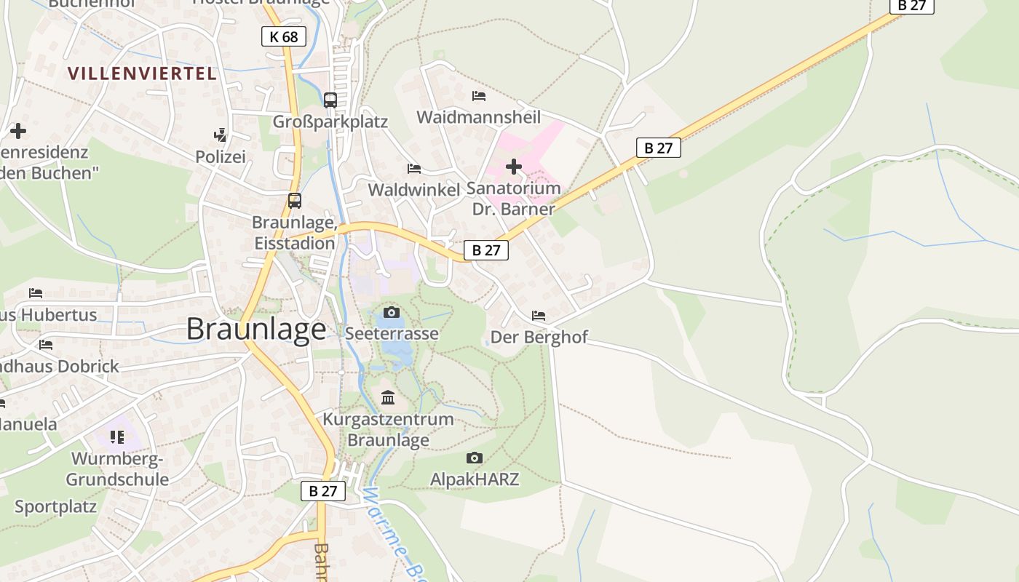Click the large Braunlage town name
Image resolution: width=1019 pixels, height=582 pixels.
(256, 330)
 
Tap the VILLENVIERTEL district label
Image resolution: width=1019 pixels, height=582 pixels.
(143, 73)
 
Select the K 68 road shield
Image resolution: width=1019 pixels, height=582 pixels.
(283, 36)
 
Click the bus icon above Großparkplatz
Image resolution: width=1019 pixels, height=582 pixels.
(330, 100)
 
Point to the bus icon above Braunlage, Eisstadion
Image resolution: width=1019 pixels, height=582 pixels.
(295, 201)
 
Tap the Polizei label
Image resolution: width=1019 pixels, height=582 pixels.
(221, 156)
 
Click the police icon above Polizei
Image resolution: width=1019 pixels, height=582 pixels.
(220, 135)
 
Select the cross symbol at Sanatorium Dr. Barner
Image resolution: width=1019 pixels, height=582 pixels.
(514, 167)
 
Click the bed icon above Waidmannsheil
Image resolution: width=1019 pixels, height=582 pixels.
(478, 95)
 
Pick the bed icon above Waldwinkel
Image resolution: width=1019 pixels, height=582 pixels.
(414, 169)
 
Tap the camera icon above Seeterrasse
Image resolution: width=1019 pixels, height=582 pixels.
(392, 312)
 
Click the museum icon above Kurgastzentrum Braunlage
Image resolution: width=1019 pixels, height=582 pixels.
(388, 398)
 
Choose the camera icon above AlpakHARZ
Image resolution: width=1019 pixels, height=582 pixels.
(475, 458)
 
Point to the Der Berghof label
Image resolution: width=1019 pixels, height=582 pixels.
(539, 338)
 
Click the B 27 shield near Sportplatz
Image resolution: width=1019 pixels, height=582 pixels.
(323, 491)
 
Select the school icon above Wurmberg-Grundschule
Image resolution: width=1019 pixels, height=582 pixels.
(117, 436)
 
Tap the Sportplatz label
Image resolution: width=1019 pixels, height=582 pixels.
(55, 506)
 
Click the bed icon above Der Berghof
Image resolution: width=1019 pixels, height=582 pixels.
(539, 316)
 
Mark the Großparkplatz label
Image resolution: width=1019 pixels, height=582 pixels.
(330, 121)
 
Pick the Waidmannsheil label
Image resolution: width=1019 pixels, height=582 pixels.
(478, 117)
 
